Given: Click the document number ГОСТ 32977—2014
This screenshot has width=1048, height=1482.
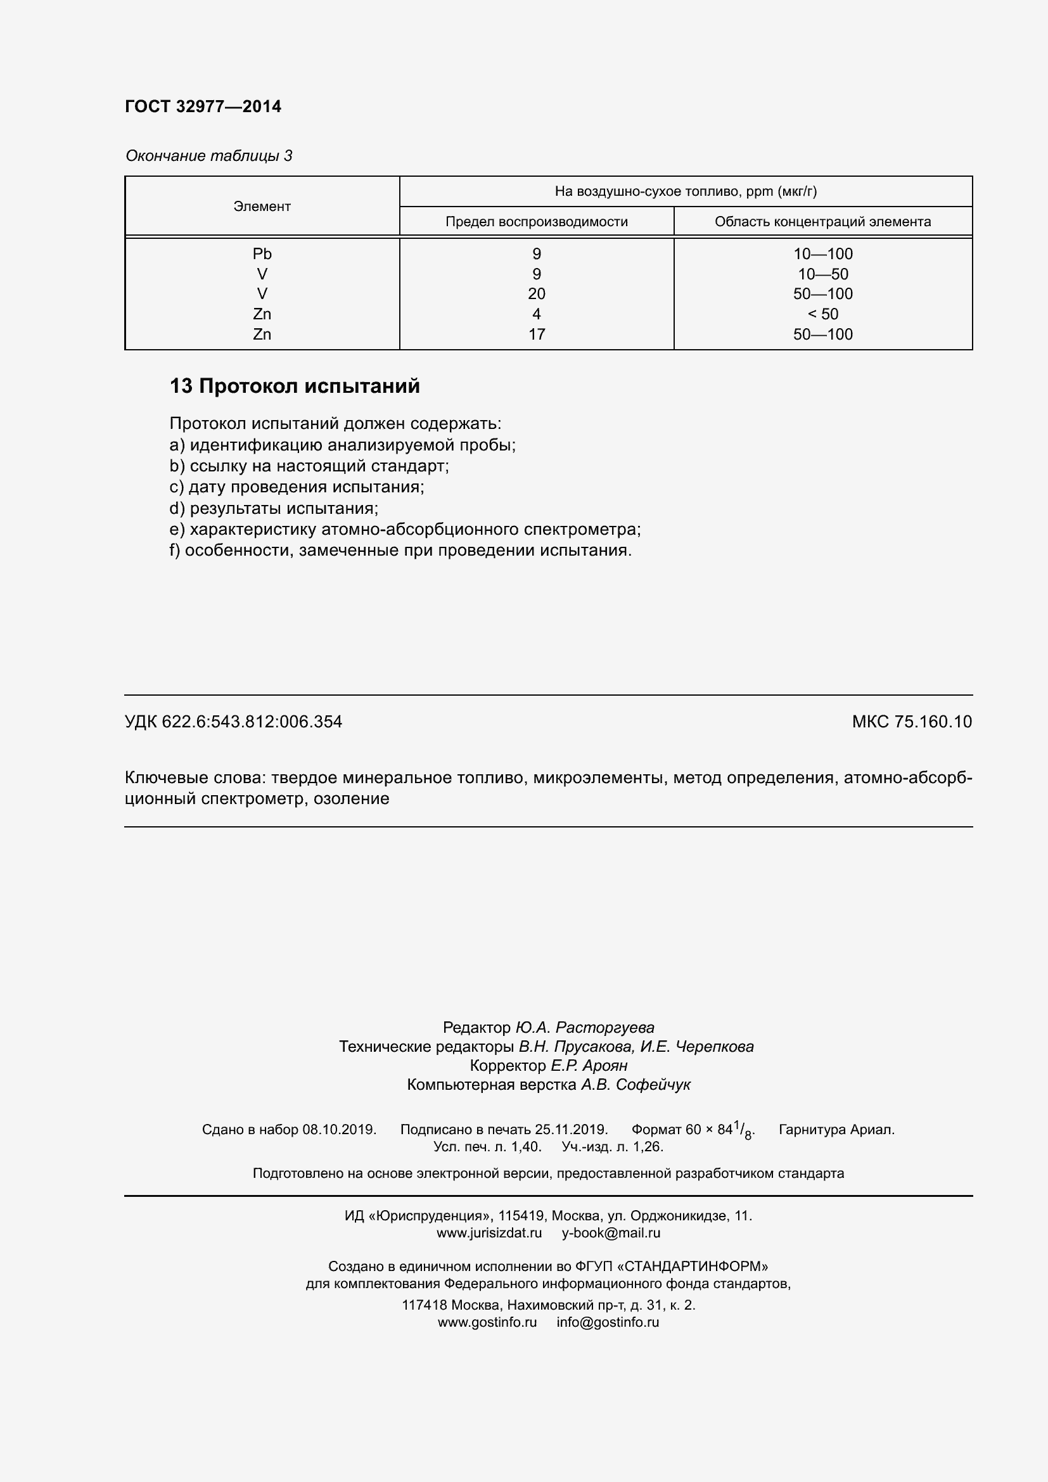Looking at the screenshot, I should [203, 106].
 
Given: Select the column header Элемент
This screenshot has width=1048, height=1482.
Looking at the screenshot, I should [262, 207].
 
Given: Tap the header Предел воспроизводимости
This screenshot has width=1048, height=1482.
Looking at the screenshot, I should [536, 222].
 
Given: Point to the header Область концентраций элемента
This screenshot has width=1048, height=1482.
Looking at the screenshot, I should [822, 222].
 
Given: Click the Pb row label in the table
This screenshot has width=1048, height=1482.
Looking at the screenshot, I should [262, 253].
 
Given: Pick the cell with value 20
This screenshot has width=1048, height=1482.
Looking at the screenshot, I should [536, 294].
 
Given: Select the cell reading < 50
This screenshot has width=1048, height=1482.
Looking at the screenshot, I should [823, 314].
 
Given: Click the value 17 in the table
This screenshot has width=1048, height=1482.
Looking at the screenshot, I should [536, 335].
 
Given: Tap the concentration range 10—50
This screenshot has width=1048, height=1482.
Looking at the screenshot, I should [823, 274].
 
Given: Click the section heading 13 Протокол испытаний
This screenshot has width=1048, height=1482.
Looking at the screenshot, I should [294, 386].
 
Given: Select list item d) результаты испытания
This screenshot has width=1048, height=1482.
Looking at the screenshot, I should [274, 508].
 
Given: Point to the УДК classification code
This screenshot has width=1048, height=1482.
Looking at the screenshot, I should [233, 722].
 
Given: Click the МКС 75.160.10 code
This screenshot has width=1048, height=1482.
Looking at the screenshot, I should [911, 722].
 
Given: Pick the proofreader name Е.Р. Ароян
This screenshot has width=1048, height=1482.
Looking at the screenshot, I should [589, 1065].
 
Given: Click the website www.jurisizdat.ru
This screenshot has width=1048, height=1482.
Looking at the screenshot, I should [489, 1233].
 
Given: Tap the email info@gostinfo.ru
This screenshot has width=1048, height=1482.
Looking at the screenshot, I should [607, 1322].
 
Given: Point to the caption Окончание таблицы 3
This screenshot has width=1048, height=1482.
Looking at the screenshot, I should [208, 156].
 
